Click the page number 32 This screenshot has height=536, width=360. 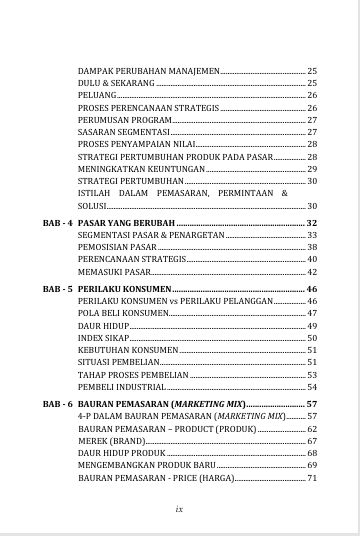(x=311, y=221)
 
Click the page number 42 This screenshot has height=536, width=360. (x=312, y=271)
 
